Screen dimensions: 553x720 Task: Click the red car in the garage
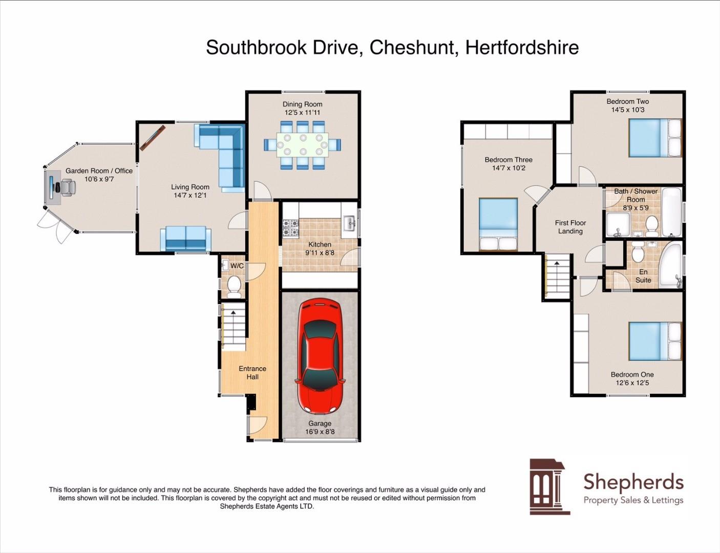pos(320,356)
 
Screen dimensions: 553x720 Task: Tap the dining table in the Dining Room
pos(303,145)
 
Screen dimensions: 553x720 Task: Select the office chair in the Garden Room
pos(67,187)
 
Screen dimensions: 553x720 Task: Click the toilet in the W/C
pos(234,286)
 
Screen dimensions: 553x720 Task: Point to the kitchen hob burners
pos(290,228)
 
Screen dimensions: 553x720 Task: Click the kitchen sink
pos(350,223)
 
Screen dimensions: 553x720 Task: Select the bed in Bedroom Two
pos(655,138)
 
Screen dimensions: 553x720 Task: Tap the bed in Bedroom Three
pos(498,224)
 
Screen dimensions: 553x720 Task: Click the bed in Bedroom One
pos(655,341)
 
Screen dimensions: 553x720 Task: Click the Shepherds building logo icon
pos(549,486)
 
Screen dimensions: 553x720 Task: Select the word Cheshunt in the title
pos(412,48)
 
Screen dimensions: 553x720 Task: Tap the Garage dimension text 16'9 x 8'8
pos(320,432)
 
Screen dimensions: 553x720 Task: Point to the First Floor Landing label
pos(570,227)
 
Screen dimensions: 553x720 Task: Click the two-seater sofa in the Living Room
pos(185,239)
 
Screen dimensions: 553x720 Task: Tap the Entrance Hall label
pos(252,372)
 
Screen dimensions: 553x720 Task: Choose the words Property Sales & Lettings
pos(633,500)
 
